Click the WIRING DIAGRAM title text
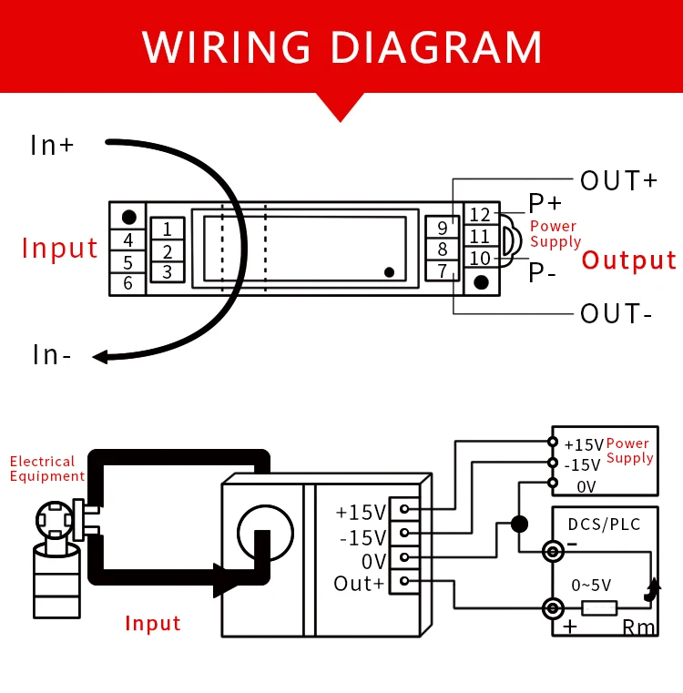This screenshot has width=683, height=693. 341,46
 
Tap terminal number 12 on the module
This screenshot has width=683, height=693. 480,215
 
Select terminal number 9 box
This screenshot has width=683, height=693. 443,228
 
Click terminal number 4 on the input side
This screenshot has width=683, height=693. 128,240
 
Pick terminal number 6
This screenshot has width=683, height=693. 128,283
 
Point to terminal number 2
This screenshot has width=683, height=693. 168,251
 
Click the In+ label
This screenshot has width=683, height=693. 52,145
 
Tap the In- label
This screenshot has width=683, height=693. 52,354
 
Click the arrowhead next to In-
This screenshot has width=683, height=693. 100,356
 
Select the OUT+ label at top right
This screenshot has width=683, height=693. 618,180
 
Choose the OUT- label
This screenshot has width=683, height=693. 617,314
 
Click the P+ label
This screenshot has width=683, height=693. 545,204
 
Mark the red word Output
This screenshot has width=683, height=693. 629,260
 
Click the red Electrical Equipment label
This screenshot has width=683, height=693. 47,469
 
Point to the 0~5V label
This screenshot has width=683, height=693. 591,585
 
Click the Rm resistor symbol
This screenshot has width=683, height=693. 599,607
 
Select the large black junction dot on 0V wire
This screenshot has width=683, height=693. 519,524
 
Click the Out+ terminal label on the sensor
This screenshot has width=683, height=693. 359,584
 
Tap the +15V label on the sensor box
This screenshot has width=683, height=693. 361,512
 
